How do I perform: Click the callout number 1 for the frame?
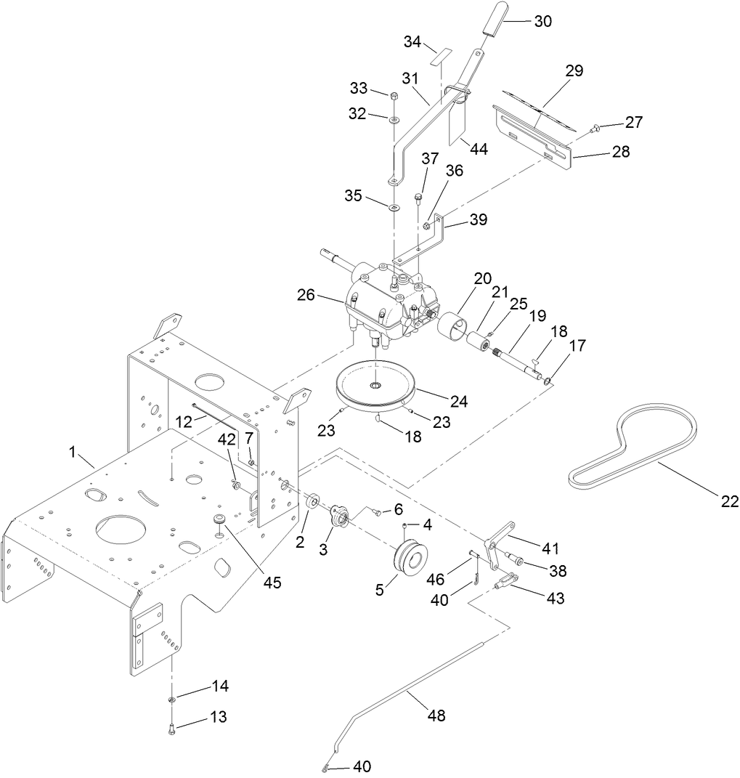pyautogui.click(x=73, y=452)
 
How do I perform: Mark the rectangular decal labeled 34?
pyautogui.click(x=439, y=57)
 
